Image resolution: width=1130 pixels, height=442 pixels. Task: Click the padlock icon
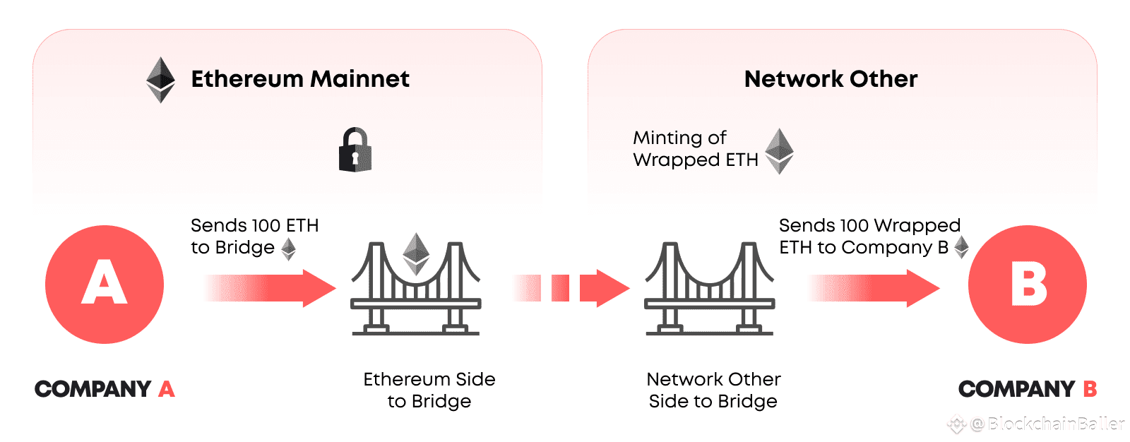(355, 150)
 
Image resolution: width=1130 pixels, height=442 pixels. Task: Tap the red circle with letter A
(105, 285)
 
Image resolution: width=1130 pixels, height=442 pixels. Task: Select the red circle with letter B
(1027, 285)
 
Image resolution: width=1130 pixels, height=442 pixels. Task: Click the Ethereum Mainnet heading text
(300, 79)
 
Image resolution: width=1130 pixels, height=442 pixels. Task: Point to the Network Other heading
(831, 79)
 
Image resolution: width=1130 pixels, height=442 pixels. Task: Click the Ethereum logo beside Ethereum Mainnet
(160, 80)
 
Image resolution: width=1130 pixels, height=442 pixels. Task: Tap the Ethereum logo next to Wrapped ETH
(780, 151)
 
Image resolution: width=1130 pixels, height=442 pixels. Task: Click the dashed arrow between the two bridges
(571, 287)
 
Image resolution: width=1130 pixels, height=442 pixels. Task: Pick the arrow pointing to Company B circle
(874, 287)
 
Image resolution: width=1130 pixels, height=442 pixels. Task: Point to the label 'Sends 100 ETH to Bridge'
(254, 237)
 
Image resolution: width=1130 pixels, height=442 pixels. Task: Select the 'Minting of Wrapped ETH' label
(695, 149)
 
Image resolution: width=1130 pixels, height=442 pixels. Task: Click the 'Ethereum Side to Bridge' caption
(429, 390)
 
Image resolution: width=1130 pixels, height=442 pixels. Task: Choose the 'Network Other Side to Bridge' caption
(713, 390)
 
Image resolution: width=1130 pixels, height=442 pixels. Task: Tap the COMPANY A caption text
(105, 389)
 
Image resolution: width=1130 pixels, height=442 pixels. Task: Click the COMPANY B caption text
(1027, 389)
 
